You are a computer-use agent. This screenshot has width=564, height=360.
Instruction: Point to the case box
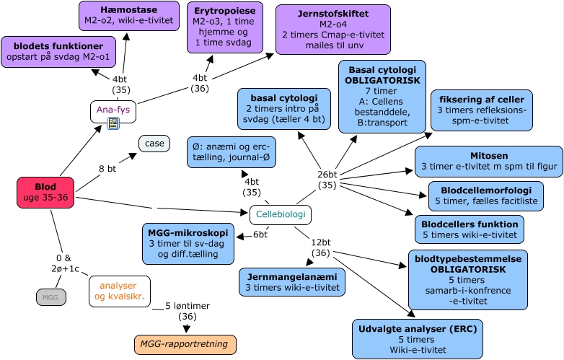(154, 144)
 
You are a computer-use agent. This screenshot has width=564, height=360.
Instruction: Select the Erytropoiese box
(225, 27)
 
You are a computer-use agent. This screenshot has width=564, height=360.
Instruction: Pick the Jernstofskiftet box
(333, 29)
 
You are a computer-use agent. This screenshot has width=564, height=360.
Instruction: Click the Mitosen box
(488, 161)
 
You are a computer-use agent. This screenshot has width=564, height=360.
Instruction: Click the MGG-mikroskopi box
(188, 244)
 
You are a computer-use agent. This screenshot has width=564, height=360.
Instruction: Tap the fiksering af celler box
(481, 110)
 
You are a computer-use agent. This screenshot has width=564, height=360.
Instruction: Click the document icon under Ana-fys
(113, 124)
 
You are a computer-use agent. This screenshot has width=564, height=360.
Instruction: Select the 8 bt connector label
(108, 169)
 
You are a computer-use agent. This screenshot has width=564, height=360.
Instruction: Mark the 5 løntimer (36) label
(186, 310)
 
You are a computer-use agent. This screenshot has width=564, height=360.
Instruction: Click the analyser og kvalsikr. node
(120, 291)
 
